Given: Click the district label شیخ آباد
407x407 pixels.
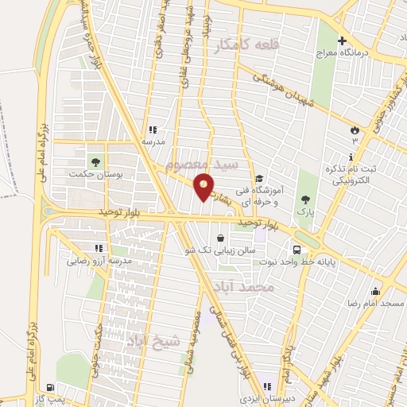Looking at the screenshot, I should click(154, 342).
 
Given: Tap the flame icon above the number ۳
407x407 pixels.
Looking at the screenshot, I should click(355, 130).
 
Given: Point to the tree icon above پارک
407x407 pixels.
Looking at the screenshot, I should click(305, 199).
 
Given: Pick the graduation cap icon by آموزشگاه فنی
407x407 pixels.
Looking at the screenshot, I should click(260, 179).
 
